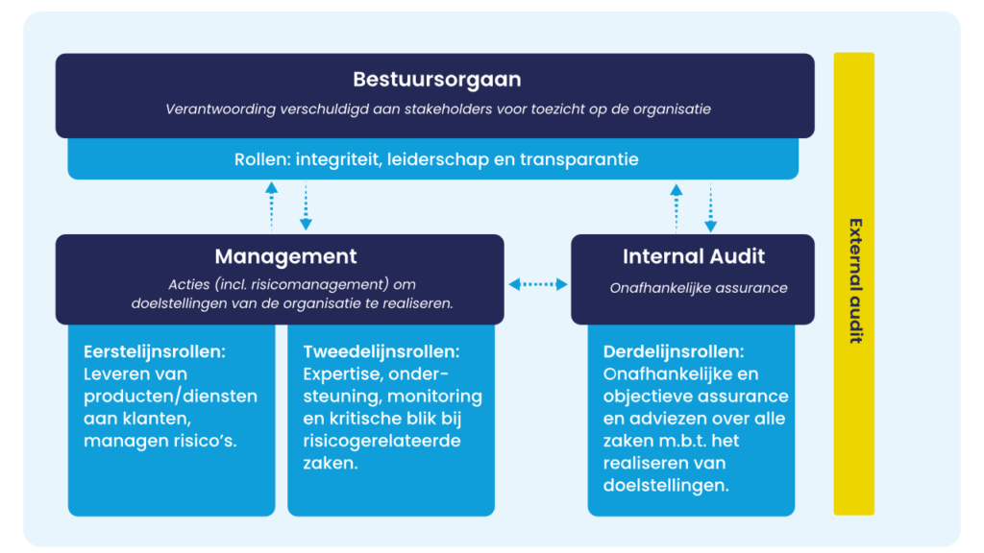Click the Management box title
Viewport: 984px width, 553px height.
click(x=285, y=256)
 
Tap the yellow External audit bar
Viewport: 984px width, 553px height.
click(x=853, y=283)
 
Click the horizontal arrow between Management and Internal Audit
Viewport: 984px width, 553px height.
click(x=537, y=283)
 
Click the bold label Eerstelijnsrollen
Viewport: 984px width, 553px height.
click(x=154, y=351)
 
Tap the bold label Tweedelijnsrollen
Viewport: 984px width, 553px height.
click(x=381, y=351)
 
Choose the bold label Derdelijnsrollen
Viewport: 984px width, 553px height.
click(x=674, y=351)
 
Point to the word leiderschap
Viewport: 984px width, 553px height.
click(x=438, y=158)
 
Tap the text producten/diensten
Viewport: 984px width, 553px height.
click(x=170, y=397)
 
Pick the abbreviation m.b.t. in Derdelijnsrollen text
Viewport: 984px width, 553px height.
click(x=673, y=441)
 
